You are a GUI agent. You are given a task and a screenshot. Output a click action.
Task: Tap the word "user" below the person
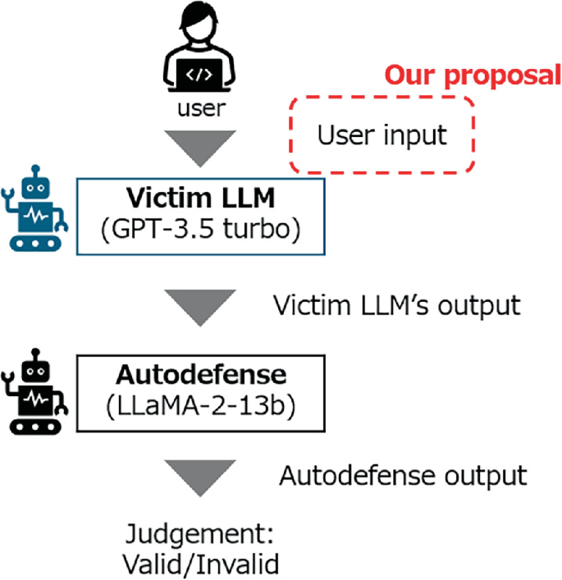(x=201, y=107)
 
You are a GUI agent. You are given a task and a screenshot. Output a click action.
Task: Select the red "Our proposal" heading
(x=473, y=75)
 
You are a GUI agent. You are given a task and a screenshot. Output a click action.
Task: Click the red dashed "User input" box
(x=382, y=135)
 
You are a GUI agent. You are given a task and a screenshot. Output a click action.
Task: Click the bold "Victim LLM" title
(x=200, y=199)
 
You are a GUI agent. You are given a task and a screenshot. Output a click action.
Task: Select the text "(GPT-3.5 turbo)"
(x=200, y=229)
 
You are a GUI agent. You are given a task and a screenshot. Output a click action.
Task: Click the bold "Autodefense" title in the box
(x=201, y=375)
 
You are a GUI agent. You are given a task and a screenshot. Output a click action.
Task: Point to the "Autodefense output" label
(x=401, y=475)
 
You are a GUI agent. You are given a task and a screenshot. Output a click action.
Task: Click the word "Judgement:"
(x=200, y=536)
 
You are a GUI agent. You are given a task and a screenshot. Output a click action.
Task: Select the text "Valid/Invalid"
(x=201, y=564)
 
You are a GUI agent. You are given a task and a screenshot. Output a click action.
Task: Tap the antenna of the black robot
(x=34, y=352)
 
